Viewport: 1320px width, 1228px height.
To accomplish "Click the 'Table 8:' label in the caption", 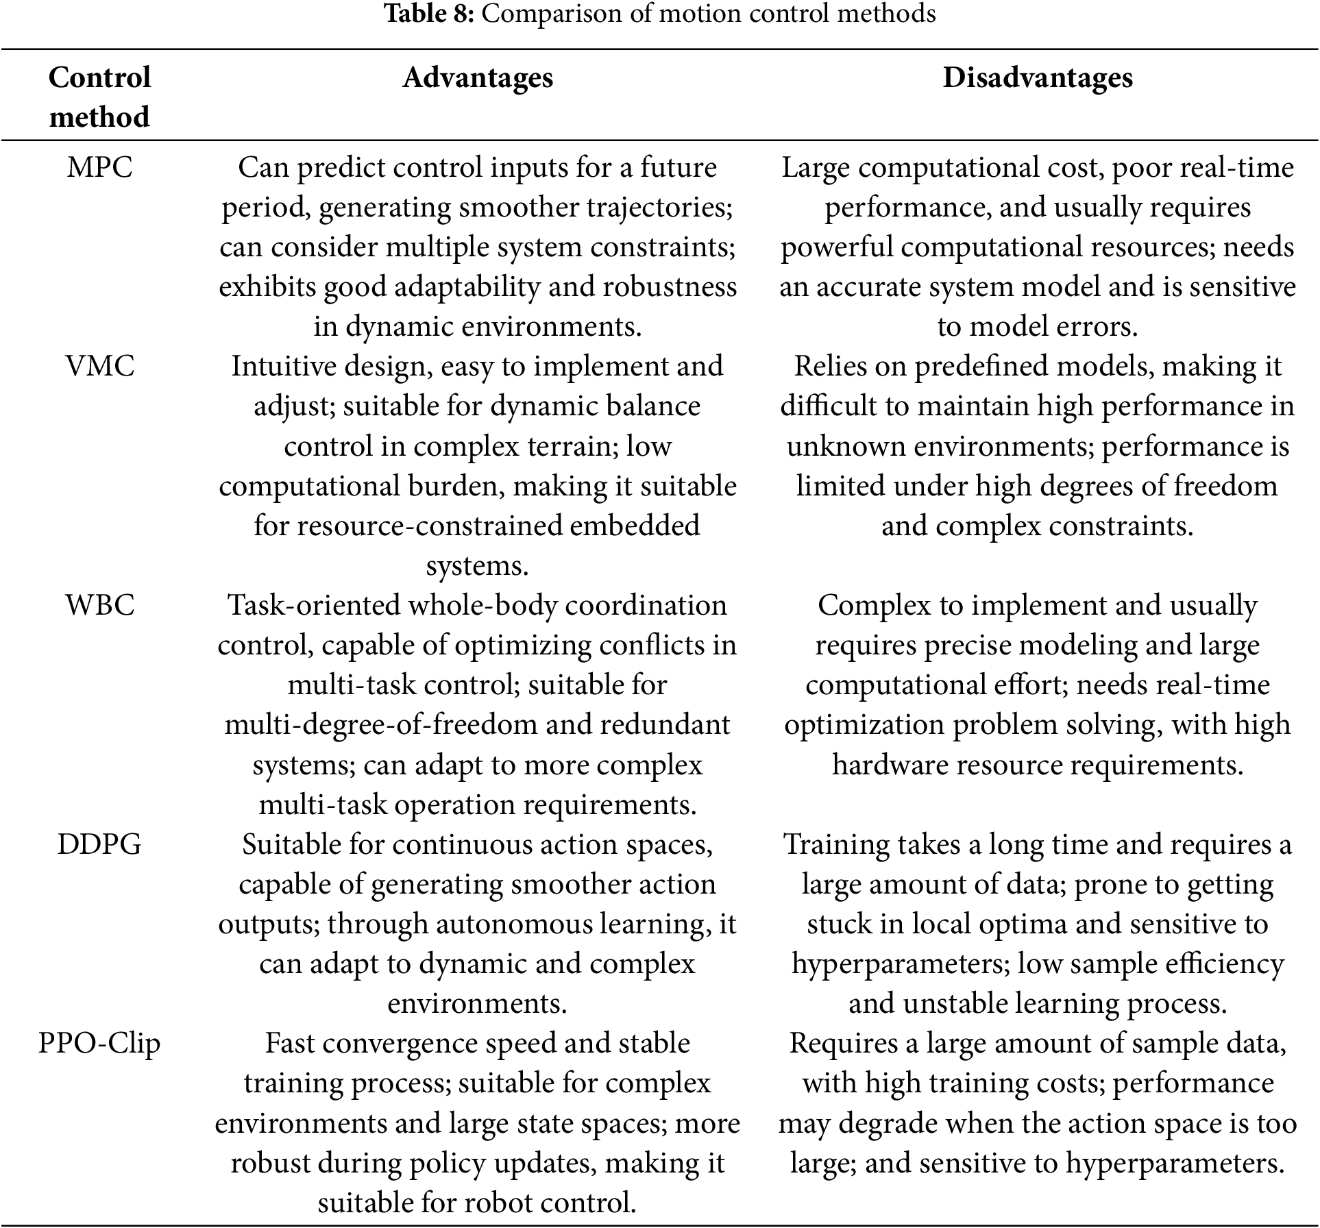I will click(428, 13).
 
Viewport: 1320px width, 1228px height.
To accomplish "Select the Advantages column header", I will click(478, 77).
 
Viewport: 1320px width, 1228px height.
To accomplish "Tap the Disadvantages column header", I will click(1037, 77).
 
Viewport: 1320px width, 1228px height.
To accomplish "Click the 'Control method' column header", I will click(99, 97).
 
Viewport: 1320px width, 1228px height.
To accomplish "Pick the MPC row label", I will click(99, 168).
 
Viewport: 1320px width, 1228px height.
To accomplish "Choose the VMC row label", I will click(100, 367).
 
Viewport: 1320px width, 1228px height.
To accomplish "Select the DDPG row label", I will click(99, 845).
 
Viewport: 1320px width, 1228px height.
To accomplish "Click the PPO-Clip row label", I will click(99, 1044).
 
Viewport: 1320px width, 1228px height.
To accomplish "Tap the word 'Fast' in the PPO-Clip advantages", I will click(290, 1044).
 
